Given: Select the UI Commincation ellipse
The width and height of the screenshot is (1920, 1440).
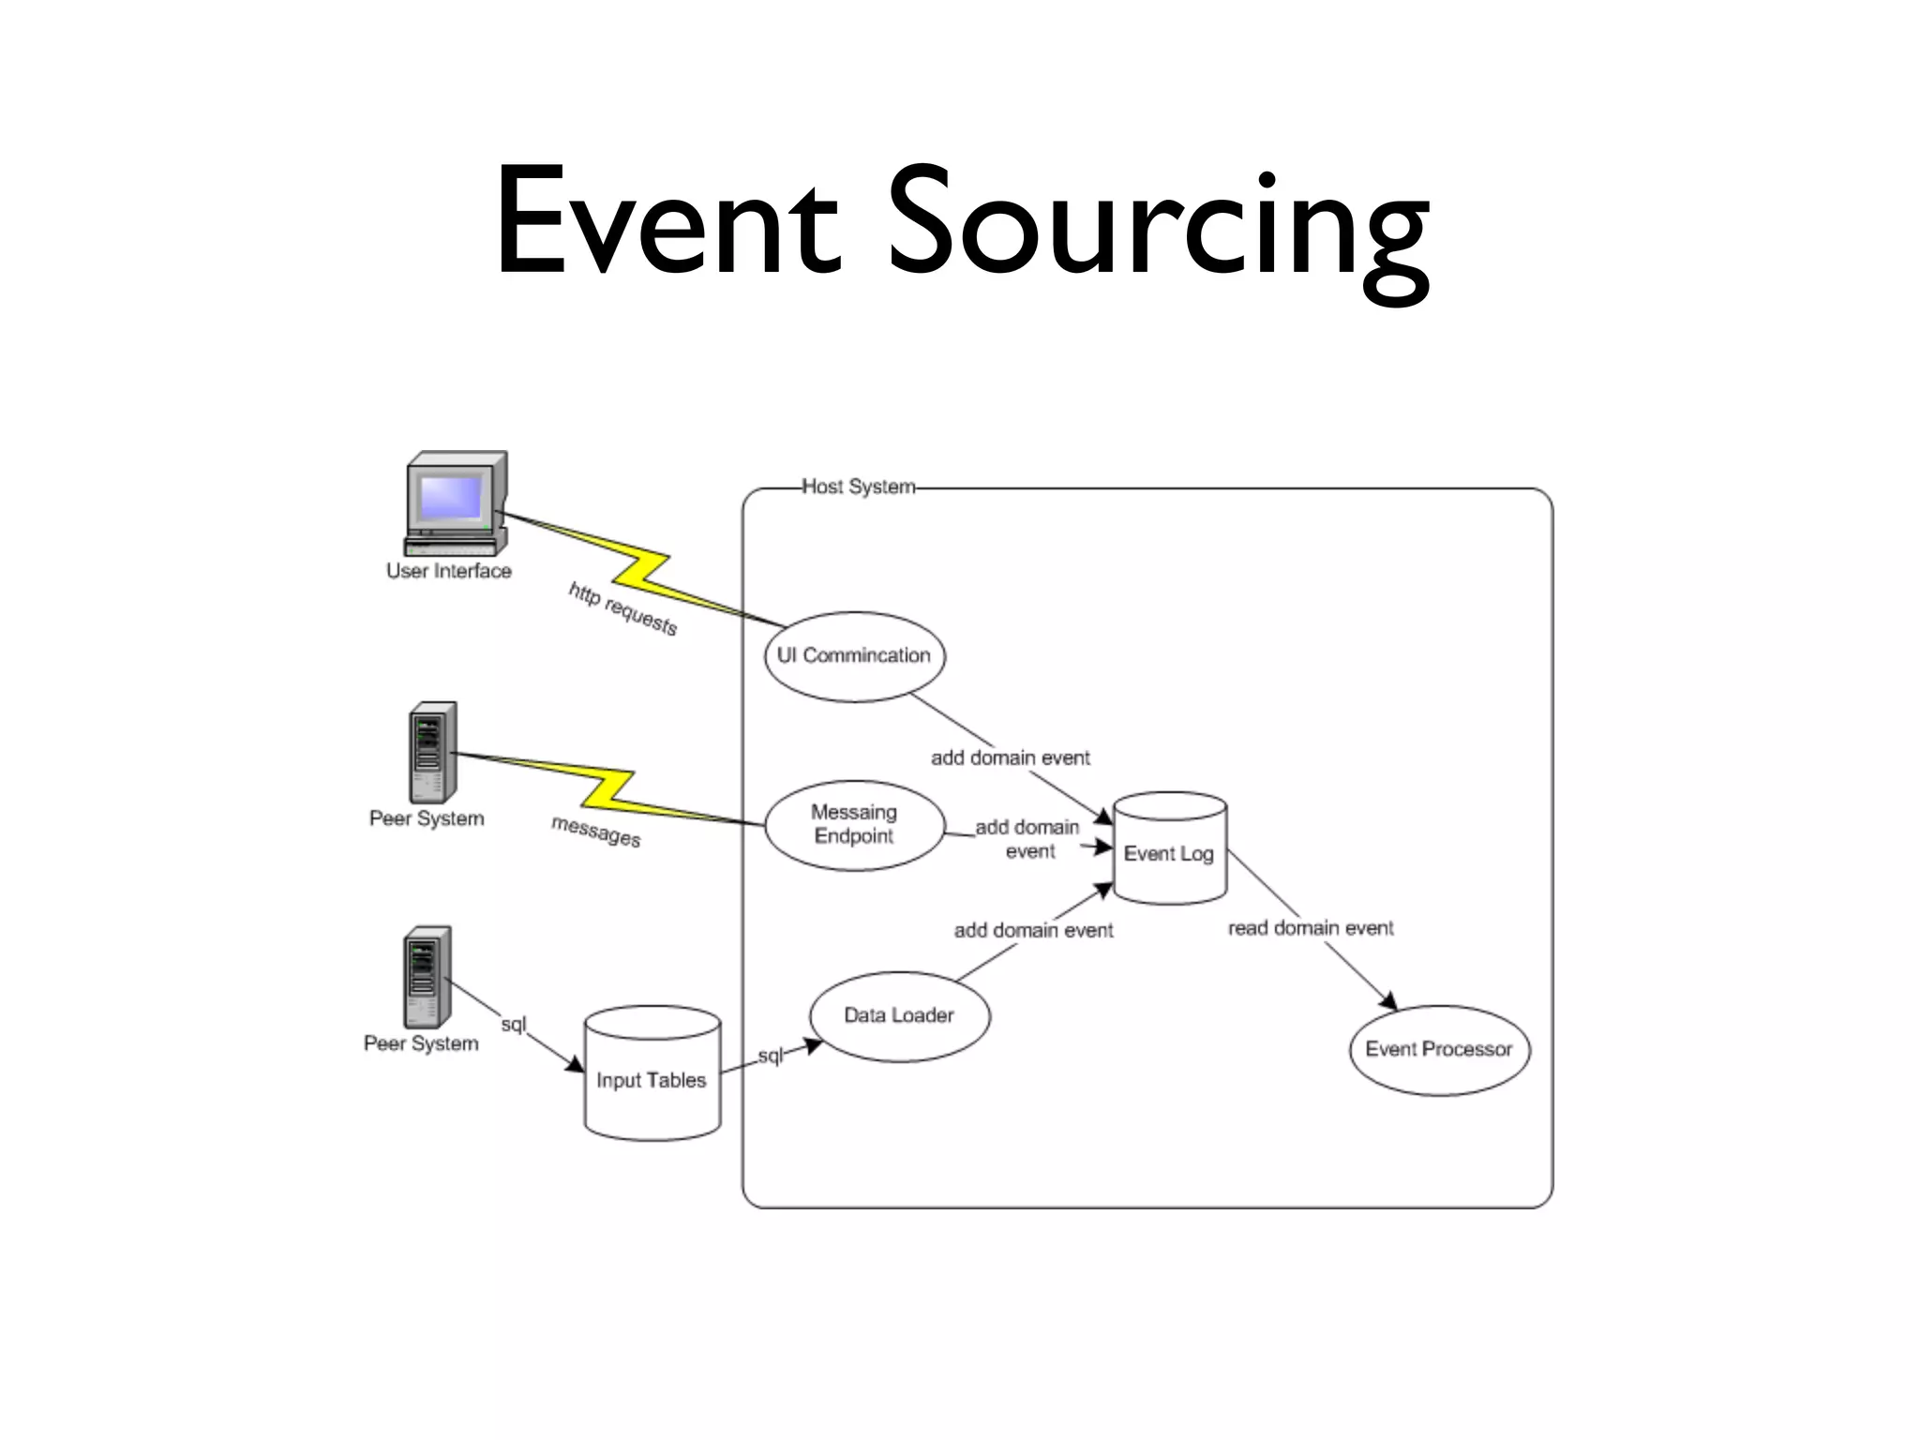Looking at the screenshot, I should (x=854, y=656).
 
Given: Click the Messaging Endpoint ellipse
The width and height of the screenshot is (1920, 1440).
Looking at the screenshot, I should (x=854, y=825).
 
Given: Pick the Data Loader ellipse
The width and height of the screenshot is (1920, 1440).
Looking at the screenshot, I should (x=899, y=1015).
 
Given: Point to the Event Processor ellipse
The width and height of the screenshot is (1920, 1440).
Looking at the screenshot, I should (x=1439, y=1049).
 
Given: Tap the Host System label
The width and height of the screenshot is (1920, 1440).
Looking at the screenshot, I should (x=858, y=487).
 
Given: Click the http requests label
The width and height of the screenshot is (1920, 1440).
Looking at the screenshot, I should (x=622, y=608).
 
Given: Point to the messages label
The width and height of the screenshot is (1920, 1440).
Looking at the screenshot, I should (x=596, y=831).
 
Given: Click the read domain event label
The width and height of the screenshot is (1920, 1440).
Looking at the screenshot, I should (x=1311, y=928).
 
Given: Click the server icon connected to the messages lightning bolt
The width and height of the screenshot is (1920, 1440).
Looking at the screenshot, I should (x=433, y=752).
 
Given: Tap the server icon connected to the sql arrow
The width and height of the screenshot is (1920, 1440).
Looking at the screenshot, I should (x=427, y=977).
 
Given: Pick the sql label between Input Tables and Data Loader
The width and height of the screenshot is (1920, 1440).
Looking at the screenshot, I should (x=770, y=1056).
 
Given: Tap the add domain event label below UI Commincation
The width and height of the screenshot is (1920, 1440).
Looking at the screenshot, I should (x=1010, y=757).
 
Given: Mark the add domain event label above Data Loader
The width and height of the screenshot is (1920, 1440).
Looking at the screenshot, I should (x=1033, y=930).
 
